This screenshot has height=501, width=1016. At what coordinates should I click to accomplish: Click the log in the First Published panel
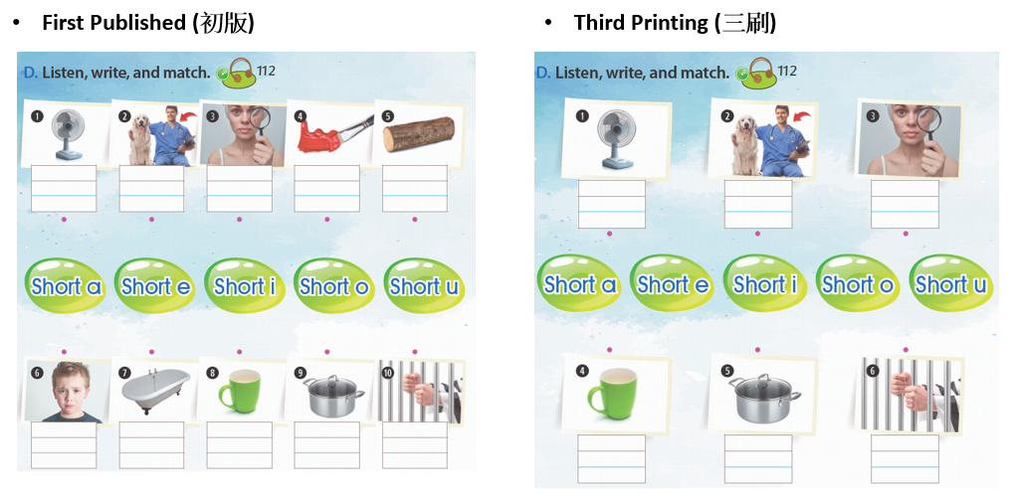tap(419, 134)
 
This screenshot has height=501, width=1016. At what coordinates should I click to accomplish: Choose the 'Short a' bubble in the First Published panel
tap(66, 285)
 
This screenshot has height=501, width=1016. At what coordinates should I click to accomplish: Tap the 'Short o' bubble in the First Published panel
tap(333, 285)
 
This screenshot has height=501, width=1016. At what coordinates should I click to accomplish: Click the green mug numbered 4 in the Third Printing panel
tap(612, 391)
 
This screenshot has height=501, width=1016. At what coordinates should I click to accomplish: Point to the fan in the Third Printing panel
tap(616, 139)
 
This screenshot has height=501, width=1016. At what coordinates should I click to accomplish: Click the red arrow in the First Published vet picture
tap(188, 116)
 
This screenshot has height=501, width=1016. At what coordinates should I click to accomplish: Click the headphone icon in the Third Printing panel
tap(758, 74)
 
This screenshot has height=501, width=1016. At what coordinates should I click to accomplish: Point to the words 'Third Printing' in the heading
tap(641, 23)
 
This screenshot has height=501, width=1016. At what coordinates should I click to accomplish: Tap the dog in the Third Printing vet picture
tap(745, 146)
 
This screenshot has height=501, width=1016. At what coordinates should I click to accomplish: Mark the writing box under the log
tap(415, 188)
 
